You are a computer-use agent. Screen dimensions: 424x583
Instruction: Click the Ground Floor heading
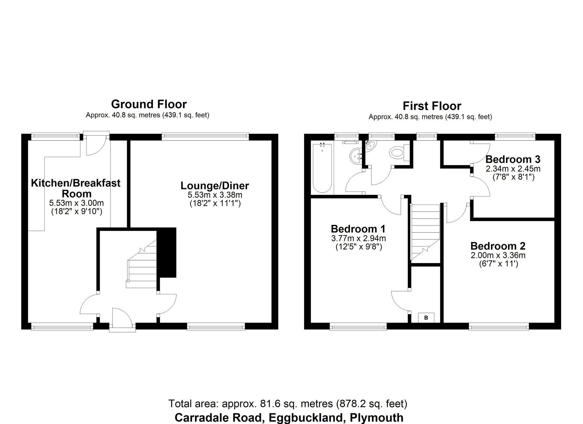coord(149,104)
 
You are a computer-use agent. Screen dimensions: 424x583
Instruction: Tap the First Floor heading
coord(432,106)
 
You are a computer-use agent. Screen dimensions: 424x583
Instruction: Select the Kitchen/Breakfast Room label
coord(76,188)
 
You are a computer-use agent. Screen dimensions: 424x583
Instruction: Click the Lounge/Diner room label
coord(215,186)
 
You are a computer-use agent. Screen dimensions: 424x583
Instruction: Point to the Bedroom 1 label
coord(358,229)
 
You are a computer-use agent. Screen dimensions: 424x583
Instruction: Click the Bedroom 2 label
coord(498,246)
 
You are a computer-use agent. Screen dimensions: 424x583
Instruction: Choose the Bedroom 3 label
coord(513,159)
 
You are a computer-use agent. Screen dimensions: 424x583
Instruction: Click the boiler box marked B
coord(426,318)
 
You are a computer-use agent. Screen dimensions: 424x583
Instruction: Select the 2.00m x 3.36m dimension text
coord(498,256)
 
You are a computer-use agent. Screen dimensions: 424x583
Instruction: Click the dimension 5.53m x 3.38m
coord(215,195)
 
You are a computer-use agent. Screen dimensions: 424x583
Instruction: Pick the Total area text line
coord(288,404)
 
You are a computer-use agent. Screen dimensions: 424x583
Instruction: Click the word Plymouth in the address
coord(376,418)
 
